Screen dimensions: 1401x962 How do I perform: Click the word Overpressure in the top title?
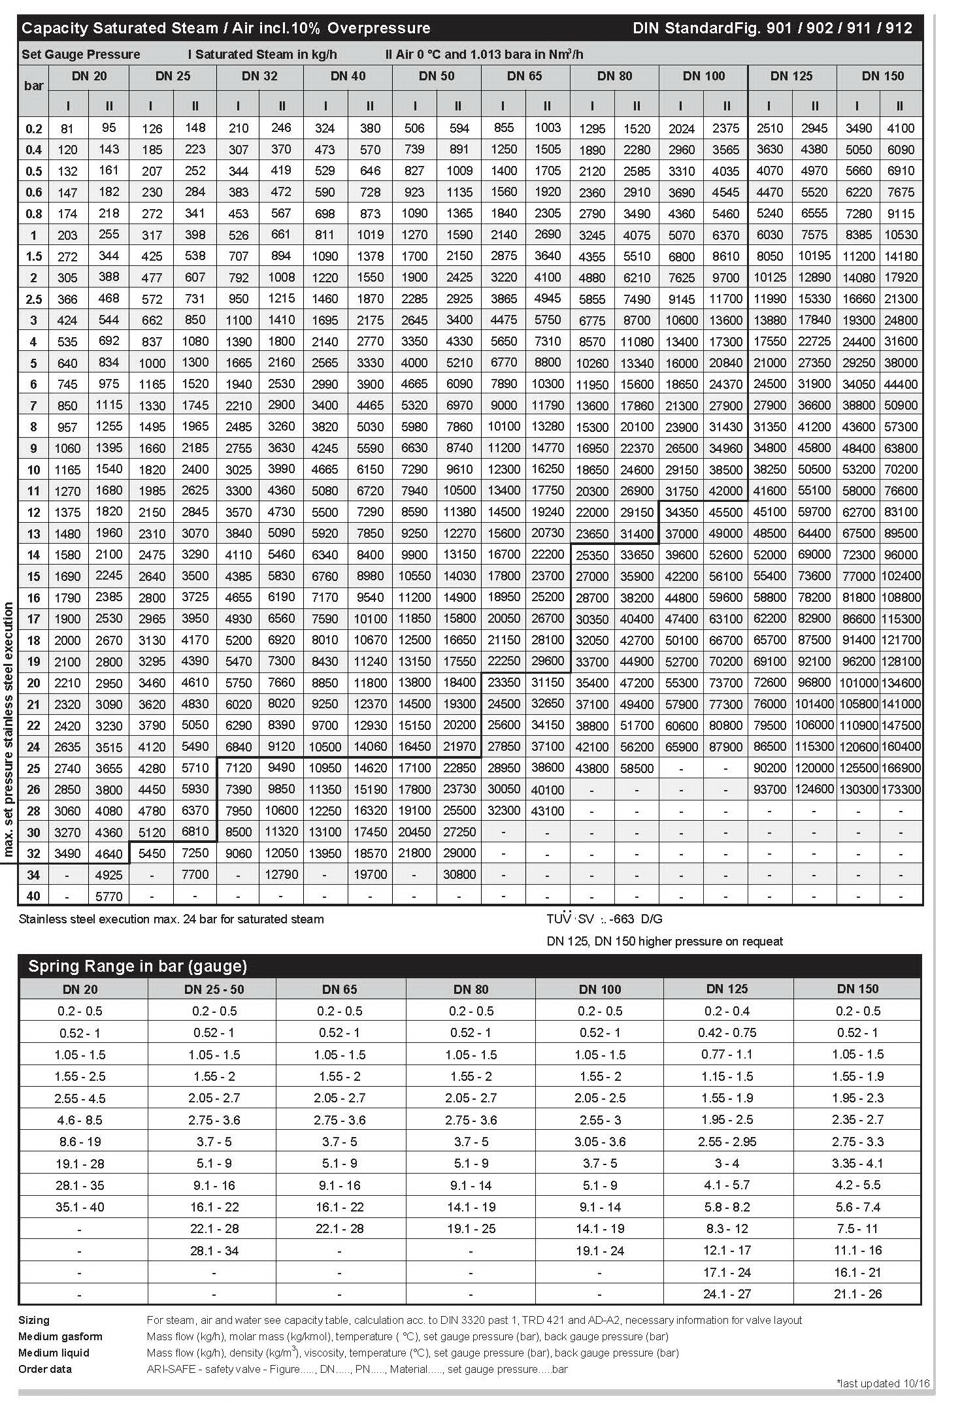(x=378, y=28)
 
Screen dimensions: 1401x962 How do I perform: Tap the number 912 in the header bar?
(x=899, y=28)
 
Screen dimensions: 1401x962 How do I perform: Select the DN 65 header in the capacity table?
(x=524, y=76)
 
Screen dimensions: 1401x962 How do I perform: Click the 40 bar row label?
(x=33, y=896)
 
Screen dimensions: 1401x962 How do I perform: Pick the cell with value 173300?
(x=901, y=789)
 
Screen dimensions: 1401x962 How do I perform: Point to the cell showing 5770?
(x=109, y=896)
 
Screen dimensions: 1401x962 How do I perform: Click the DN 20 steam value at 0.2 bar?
(x=67, y=129)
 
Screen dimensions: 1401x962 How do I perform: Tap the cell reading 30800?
(x=459, y=874)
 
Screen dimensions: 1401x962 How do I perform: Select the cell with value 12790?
(x=282, y=874)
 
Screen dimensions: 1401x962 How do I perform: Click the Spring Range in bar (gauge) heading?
(x=137, y=966)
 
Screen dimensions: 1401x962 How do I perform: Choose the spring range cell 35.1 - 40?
(x=80, y=1207)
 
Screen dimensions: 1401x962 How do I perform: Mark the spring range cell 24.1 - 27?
(x=727, y=1294)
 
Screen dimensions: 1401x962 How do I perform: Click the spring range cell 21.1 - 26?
(x=857, y=1294)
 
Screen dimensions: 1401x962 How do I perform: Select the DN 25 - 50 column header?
(x=214, y=989)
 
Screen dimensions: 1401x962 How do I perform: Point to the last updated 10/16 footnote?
(x=883, y=1383)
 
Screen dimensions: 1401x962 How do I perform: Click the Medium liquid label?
(x=54, y=1353)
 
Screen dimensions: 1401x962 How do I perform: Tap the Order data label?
(x=45, y=1369)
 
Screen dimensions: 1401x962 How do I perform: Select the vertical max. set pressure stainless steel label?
(x=8, y=729)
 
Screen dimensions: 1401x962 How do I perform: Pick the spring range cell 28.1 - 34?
(x=214, y=1251)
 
